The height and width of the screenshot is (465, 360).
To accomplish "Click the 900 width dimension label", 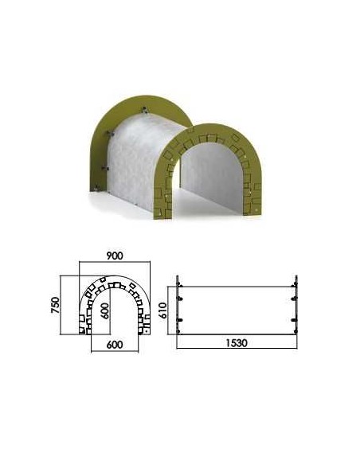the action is (114, 256).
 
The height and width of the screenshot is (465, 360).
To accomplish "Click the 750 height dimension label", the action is (56, 305).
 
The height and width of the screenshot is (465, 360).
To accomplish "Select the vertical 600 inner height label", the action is (104, 311).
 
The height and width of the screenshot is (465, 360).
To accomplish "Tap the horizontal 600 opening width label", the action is (115, 345).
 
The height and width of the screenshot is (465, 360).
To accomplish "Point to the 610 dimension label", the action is (162, 311).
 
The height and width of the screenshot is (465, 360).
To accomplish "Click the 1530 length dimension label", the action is (237, 343).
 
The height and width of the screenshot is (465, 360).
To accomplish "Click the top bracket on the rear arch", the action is (144, 110).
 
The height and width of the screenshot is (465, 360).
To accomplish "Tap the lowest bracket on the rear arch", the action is (96, 187).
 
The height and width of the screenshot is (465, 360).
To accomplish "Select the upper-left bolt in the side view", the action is (180, 285).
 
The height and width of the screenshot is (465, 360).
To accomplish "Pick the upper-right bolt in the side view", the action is (294, 285).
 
